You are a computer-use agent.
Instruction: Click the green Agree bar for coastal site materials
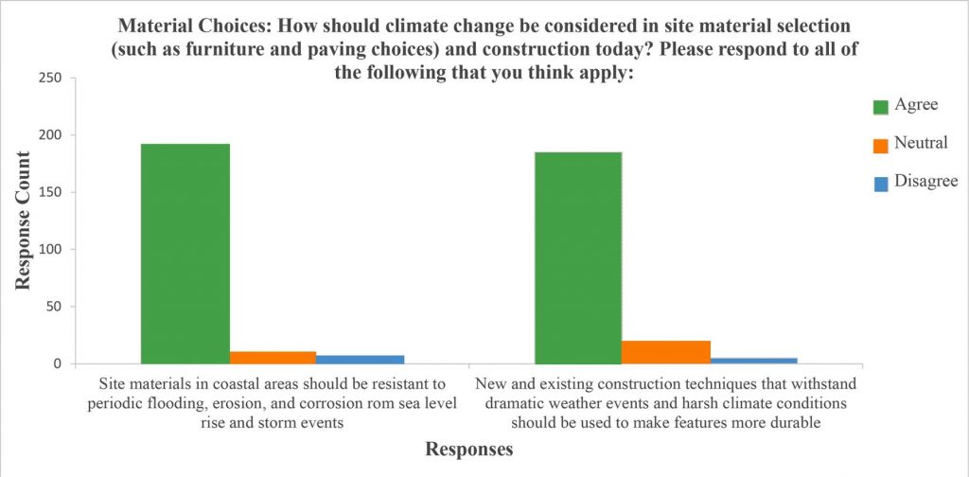point(185,254)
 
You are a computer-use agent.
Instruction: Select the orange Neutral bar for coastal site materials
point(273,358)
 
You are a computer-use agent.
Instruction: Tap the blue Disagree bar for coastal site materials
point(360,360)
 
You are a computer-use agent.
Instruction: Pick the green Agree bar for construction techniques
point(578,257)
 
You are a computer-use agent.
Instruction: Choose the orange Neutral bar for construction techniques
point(666,352)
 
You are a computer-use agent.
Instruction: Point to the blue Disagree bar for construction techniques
point(753,361)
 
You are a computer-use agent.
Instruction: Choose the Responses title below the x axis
point(468,450)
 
